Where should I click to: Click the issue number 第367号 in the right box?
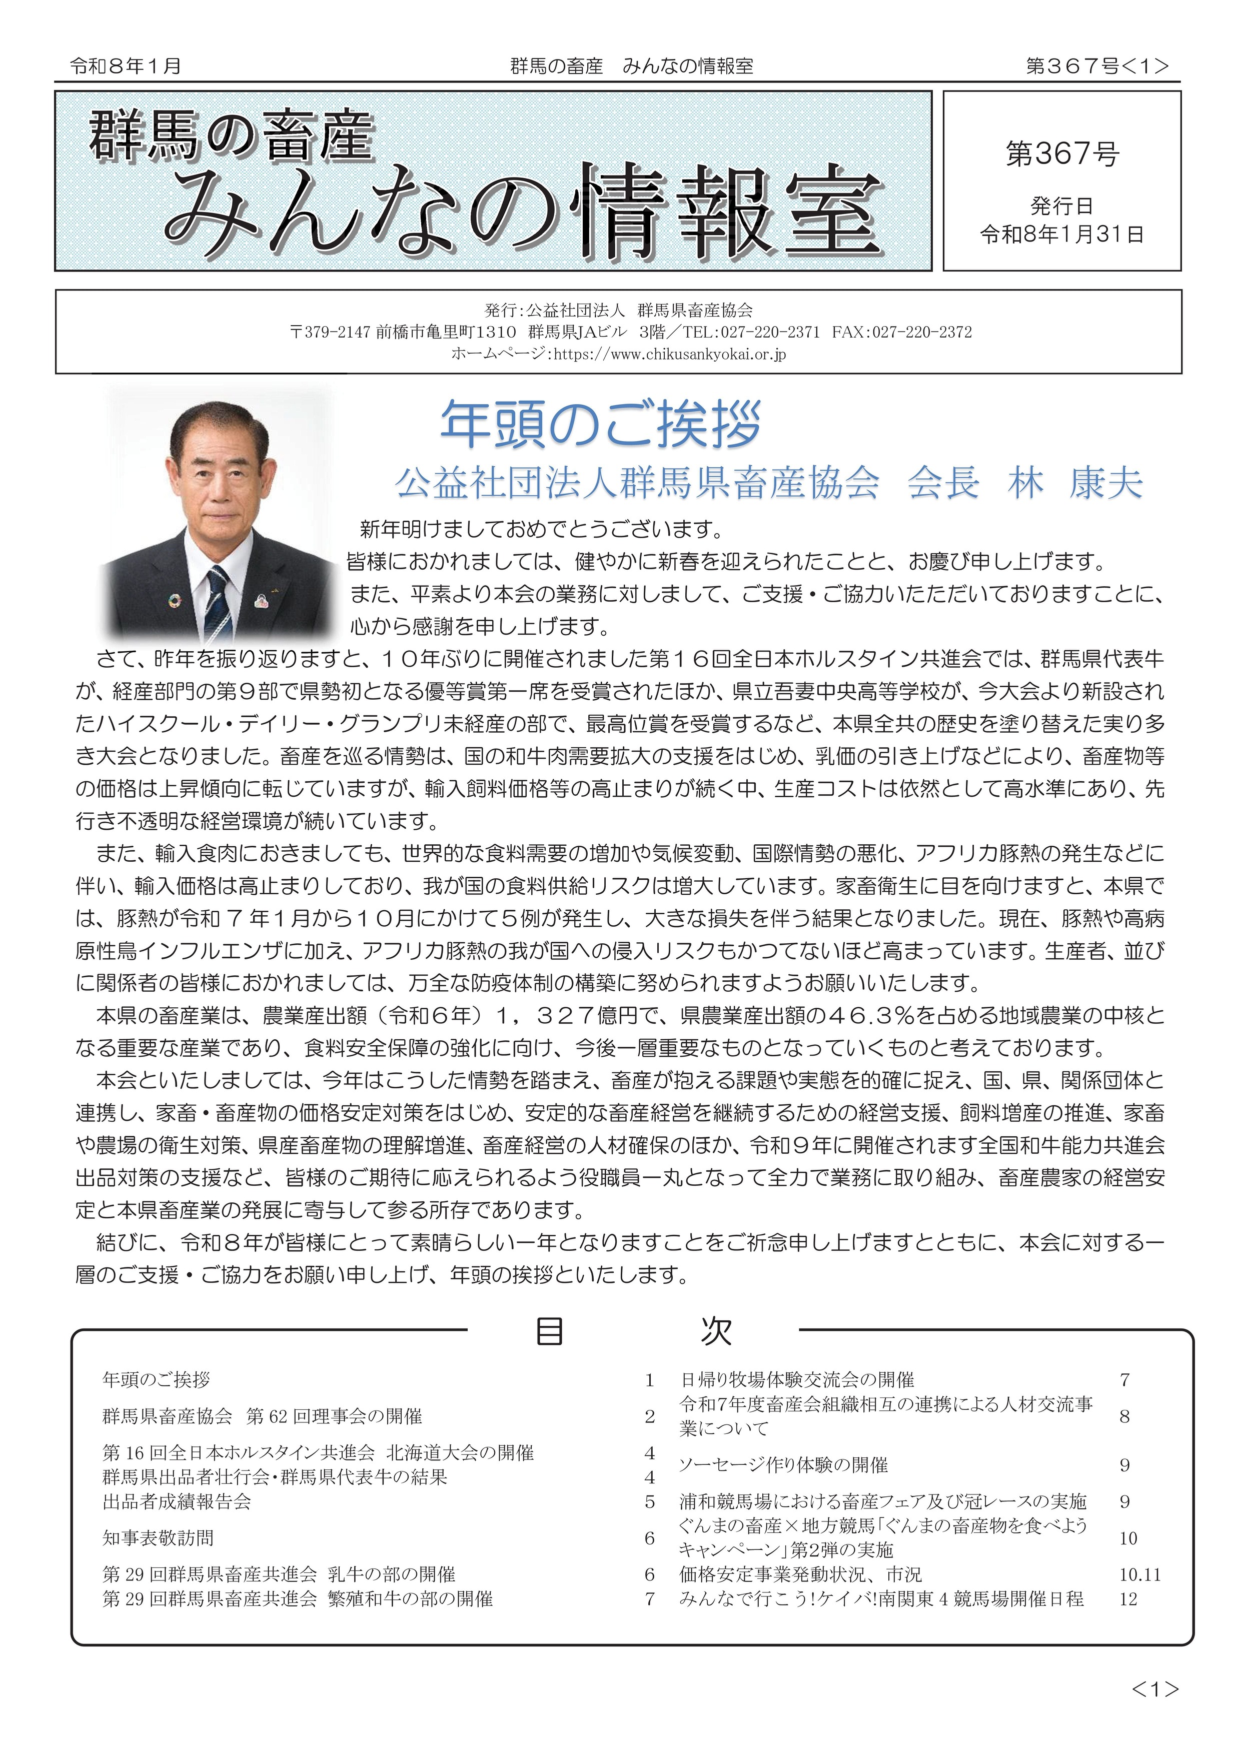coord(1062,155)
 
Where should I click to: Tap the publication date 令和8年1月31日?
coord(1062,235)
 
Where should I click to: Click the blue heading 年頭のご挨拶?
coord(601,425)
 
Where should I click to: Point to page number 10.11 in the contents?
coord(1140,1574)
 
